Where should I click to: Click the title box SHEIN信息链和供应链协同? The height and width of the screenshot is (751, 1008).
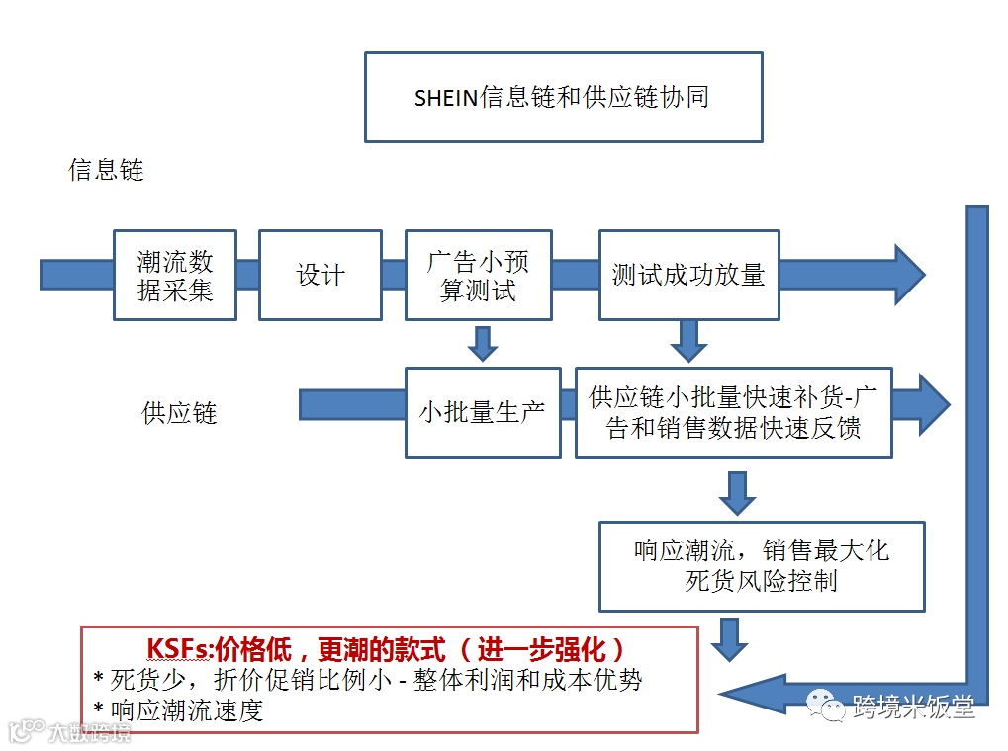coord(563,97)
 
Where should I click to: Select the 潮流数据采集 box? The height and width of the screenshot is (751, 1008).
coord(175,276)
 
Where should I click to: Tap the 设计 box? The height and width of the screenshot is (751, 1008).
coord(321,276)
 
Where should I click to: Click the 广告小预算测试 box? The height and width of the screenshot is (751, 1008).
coord(478,276)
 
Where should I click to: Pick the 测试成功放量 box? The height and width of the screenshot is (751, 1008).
coord(688,276)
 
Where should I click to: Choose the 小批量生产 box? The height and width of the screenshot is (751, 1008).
coord(481,412)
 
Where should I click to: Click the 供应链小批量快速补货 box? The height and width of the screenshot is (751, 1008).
coord(733,412)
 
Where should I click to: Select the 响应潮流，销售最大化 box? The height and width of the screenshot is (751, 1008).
coord(761,566)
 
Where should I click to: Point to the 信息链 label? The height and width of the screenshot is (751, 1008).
coord(106,170)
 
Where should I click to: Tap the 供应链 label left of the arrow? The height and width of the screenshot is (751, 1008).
coord(179,413)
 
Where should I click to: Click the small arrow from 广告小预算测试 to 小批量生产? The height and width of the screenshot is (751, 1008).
coord(482,343)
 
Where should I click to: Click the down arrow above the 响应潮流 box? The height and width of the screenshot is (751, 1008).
coord(737,492)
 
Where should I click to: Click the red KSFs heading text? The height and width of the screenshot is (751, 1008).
coord(387,649)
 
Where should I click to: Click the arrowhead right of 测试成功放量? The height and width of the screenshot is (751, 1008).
coord(904,275)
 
